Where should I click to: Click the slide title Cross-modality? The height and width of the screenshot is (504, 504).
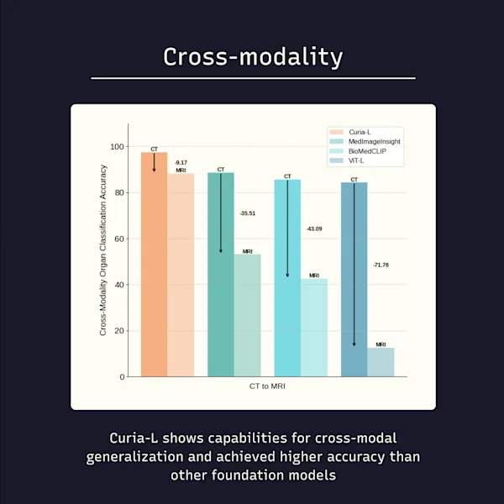pos(252,56)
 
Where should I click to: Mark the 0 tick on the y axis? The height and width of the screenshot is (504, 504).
pos(121,376)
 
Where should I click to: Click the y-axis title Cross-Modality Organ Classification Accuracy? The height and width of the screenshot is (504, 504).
pos(103,250)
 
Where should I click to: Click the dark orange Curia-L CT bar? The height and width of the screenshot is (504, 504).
pos(154,269)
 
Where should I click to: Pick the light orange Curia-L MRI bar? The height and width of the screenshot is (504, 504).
pos(181,277)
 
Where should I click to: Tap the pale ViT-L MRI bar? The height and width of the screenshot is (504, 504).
pos(381,363)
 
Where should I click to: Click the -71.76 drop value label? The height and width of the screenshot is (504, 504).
pos(381,265)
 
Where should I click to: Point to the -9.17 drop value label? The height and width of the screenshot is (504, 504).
pos(181,162)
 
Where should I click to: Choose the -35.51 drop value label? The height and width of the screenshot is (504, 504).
pos(247,213)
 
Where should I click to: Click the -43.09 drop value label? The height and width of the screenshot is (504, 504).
pos(313,228)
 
